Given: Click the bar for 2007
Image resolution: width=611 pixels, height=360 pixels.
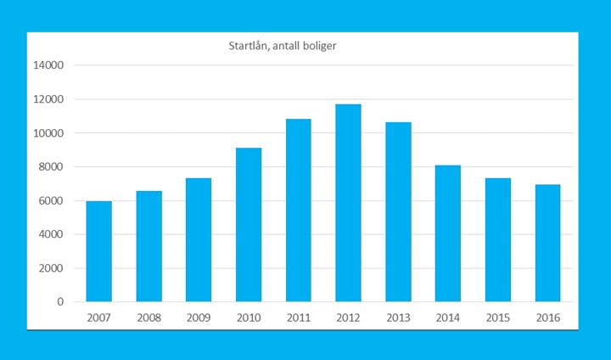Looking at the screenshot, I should pyautogui.click(x=98, y=251).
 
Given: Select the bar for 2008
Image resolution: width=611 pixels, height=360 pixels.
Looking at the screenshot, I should pyautogui.click(x=149, y=246).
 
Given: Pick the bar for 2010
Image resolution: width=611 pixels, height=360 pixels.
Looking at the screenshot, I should pyautogui.click(x=249, y=225).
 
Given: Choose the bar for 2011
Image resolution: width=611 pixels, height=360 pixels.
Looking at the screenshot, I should pyautogui.click(x=298, y=211).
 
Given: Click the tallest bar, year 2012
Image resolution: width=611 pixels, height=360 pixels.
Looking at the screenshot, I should pyautogui.click(x=348, y=203).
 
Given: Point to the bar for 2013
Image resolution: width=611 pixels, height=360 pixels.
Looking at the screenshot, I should pyautogui.click(x=398, y=212).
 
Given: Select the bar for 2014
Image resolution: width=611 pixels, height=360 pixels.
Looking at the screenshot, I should pyautogui.click(x=448, y=233).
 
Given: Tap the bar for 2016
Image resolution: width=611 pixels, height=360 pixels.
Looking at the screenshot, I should pyautogui.click(x=547, y=244).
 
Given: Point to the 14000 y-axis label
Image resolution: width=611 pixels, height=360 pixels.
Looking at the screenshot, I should pyautogui.click(x=48, y=65).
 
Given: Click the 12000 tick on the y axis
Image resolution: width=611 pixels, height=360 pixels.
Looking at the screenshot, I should pyautogui.click(x=48, y=99).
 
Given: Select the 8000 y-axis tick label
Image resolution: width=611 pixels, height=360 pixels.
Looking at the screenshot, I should pyautogui.click(x=51, y=167).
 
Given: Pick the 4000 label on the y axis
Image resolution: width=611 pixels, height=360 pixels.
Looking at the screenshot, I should pyautogui.click(x=51, y=234).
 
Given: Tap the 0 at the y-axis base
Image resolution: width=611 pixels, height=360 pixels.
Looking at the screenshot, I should pyautogui.click(x=59, y=302).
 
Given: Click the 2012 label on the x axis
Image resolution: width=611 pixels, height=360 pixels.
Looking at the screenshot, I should pyautogui.click(x=348, y=317).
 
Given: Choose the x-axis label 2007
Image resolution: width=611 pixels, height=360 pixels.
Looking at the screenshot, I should pyautogui.click(x=98, y=317).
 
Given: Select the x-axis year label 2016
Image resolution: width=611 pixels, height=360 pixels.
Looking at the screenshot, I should pyautogui.click(x=547, y=317).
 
